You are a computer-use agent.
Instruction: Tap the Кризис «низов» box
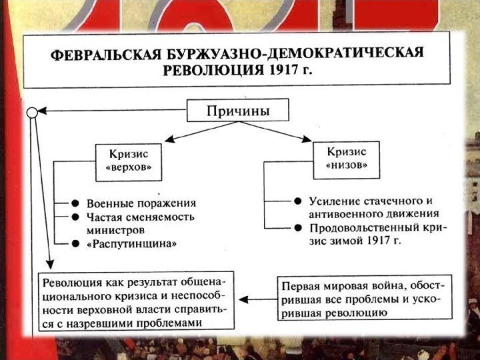click(x=346, y=159)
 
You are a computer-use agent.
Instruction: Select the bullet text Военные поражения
click(x=142, y=203)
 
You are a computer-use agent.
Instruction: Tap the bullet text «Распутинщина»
click(x=132, y=244)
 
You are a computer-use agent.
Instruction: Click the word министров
click(x=114, y=230)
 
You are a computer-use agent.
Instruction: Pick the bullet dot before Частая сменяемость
click(x=76, y=217)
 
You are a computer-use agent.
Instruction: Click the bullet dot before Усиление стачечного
click(x=298, y=201)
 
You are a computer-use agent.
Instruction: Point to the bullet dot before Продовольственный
click(x=298, y=227)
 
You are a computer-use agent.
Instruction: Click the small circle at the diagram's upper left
click(x=32, y=113)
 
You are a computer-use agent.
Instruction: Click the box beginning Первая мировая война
click(x=363, y=297)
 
